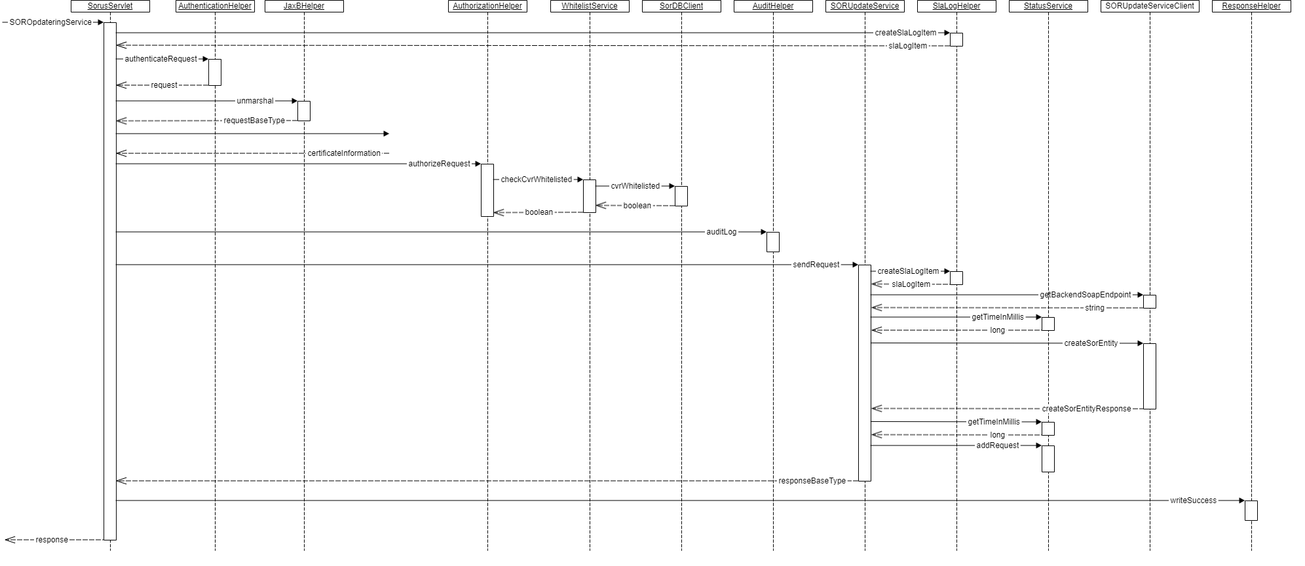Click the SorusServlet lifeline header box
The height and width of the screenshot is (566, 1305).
[110, 7]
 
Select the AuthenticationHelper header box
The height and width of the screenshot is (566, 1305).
[215, 7]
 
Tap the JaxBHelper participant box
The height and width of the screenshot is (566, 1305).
[304, 7]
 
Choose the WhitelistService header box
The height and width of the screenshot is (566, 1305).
[590, 7]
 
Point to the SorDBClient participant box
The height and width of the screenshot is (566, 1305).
[681, 7]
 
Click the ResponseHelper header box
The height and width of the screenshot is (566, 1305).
[1251, 7]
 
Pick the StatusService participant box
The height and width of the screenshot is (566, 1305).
[1048, 7]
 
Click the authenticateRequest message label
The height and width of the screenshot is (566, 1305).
[161, 59]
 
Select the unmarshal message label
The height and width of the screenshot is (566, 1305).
[255, 101]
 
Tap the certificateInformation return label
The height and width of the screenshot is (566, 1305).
[344, 153]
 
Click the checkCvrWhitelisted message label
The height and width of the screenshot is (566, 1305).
[537, 179]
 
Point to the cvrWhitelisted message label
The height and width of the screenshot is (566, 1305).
[635, 186]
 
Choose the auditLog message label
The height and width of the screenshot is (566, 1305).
[721, 232]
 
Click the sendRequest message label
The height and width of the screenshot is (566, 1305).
[816, 265]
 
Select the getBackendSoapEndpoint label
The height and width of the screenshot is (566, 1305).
[1086, 295]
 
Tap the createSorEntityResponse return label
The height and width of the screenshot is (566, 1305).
[1086, 409]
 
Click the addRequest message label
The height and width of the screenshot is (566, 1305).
[998, 445]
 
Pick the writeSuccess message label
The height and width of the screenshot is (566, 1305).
[1193, 500]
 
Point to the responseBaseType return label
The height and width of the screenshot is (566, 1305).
[812, 481]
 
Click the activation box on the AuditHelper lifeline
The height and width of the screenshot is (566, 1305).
[773, 242]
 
